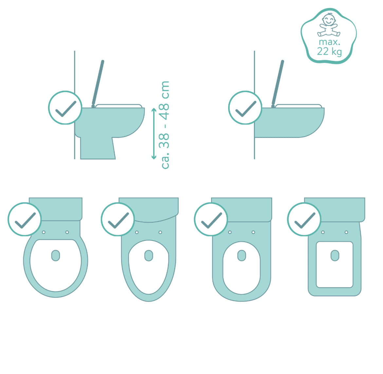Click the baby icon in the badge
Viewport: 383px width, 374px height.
(329, 25)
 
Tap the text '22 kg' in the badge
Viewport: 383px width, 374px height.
(329, 51)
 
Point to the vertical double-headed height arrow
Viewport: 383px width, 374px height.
(154, 134)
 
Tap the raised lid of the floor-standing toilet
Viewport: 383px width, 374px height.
(98, 84)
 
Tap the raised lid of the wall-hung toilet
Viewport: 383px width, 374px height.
(278, 84)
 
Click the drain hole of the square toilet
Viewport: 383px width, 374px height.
(335, 255)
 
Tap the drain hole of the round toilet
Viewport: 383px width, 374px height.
(56, 255)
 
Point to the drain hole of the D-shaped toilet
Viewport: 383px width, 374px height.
(242, 255)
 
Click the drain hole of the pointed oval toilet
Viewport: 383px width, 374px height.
(149, 255)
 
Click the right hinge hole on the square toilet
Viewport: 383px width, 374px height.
(346, 232)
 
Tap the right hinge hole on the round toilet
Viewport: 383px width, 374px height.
(67, 232)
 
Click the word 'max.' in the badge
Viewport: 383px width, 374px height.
(329, 42)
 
